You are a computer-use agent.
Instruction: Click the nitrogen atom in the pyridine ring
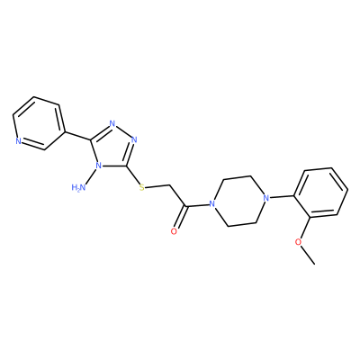click(x=18, y=141)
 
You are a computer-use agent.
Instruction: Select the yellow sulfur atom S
click(x=142, y=188)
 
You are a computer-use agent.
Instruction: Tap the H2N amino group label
click(x=79, y=188)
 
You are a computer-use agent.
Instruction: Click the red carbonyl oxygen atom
click(x=174, y=231)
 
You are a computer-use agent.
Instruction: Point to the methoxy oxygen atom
click(x=298, y=242)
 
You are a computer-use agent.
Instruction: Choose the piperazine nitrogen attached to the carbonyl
click(x=212, y=204)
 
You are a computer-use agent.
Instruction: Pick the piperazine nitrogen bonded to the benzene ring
click(x=265, y=198)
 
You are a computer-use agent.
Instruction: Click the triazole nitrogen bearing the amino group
click(x=97, y=166)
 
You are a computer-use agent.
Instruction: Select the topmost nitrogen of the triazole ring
click(x=112, y=123)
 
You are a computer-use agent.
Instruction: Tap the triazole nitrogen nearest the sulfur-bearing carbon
click(x=134, y=139)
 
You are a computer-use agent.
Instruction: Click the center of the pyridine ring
click(x=39, y=123)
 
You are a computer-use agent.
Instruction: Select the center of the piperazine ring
click(x=238, y=201)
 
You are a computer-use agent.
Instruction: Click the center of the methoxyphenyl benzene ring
click(x=321, y=193)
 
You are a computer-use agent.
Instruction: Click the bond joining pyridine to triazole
click(x=77, y=136)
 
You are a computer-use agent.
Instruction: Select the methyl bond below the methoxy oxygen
click(x=307, y=255)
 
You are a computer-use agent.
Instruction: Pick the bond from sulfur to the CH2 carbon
click(x=157, y=186)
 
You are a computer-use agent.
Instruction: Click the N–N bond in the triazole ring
click(x=123, y=131)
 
